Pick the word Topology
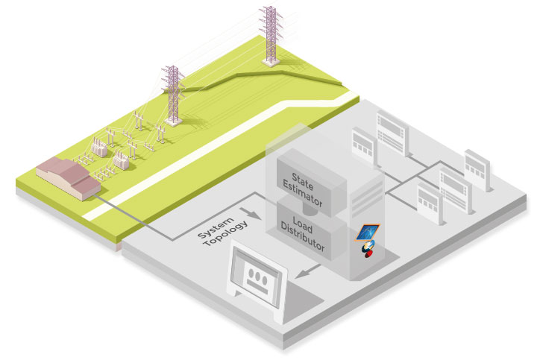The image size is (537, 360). (223, 236)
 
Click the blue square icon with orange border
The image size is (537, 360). (368, 232)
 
